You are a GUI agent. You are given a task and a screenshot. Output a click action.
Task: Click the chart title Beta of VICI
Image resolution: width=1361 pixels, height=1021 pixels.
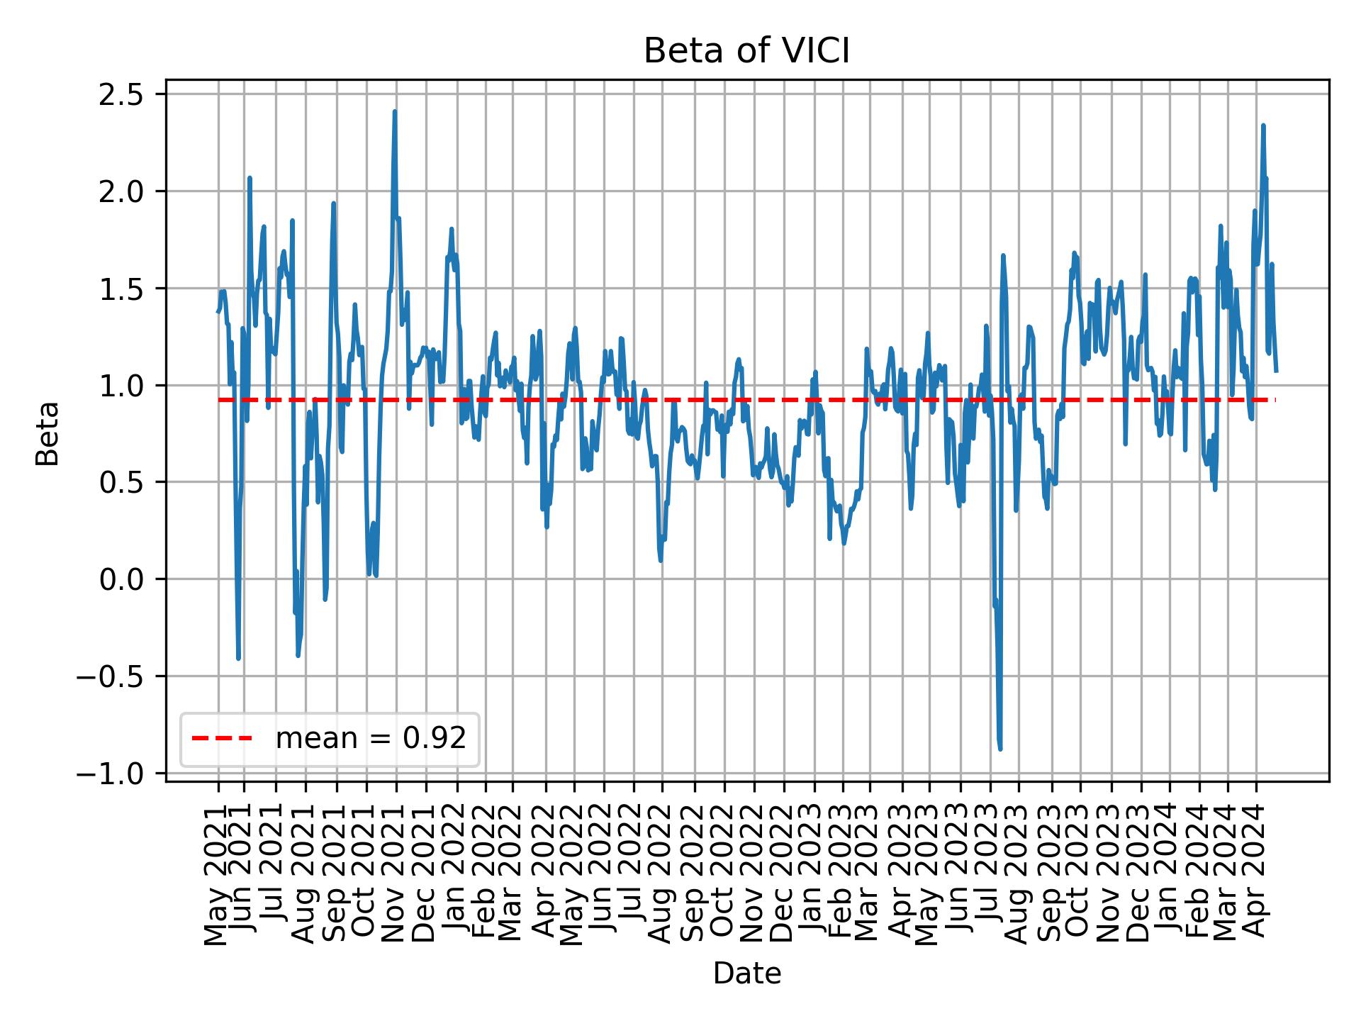tap(746, 52)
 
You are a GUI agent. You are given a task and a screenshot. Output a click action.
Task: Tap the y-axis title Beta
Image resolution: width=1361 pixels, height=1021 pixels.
tap(47, 433)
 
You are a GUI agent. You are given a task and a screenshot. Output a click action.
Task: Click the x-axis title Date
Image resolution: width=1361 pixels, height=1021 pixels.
tap(746, 973)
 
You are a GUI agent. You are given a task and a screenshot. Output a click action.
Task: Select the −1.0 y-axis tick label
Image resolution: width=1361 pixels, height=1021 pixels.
tap(120, 774)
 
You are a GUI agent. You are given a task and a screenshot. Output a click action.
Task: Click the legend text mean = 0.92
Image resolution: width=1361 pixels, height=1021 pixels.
tap(371, 739)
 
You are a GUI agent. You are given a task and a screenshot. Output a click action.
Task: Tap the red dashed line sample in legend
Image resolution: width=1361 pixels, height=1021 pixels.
tap(222, 739)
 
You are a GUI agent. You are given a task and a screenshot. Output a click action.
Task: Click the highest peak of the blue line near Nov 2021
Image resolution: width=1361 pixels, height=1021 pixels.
tap(395, 111)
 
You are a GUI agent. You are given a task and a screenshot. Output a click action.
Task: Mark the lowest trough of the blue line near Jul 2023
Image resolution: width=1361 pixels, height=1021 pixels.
tap(1000, 749)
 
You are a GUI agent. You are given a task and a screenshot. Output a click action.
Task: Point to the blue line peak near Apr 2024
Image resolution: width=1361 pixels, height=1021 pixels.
tap(1263, 125)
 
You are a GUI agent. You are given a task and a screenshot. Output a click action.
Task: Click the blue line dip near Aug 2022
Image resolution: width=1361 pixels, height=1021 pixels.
tap(661, 561)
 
